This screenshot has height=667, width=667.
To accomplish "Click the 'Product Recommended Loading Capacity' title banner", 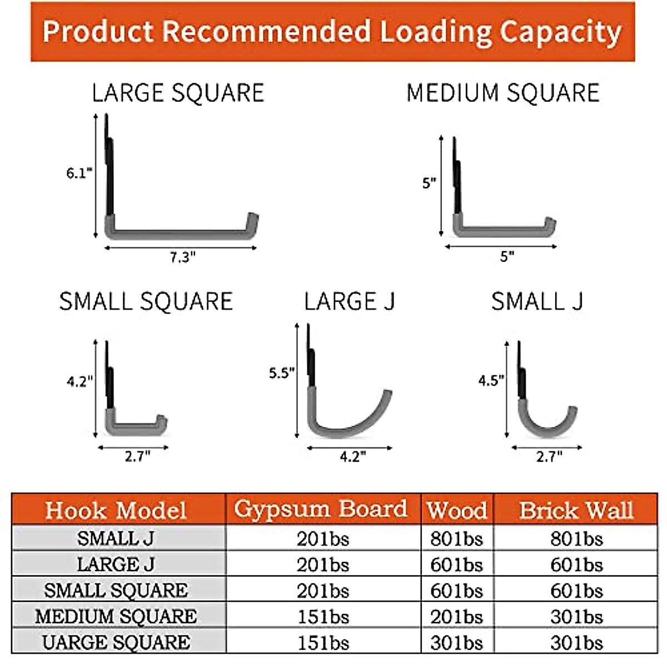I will [332, 31].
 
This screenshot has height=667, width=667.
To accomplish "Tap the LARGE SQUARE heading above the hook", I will [178, 93].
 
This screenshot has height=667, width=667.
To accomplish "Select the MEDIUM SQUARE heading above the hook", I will [503, 93].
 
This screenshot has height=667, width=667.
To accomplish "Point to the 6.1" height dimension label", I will [79, 173].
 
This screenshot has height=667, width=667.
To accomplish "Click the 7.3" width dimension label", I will [182, 257].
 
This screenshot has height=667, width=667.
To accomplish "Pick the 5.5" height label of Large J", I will [281, 372].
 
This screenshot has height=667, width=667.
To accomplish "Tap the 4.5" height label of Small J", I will [491, 380].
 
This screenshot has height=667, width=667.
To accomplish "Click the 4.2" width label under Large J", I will [352, 456].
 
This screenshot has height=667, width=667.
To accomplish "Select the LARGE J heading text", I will [349, 301].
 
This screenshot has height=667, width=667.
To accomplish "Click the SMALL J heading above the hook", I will [537, 301].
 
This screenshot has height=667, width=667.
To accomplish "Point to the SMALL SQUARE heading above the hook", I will [146, 301].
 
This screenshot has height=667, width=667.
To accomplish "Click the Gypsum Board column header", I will [321, 509].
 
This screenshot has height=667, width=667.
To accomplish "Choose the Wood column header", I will [457, 510].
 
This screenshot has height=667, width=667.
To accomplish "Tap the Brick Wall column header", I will [576, 510].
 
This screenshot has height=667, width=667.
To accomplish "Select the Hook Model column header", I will [116, 510].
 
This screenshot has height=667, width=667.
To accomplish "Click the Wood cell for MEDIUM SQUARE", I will [456, 616].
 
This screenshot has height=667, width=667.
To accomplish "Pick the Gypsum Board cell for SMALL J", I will [322, 539].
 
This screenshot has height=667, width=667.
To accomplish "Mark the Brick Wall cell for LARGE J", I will [576, 565].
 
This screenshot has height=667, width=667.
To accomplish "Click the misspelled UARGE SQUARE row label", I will [116, 643].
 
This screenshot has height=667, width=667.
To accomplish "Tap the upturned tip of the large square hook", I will [253, 220].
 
